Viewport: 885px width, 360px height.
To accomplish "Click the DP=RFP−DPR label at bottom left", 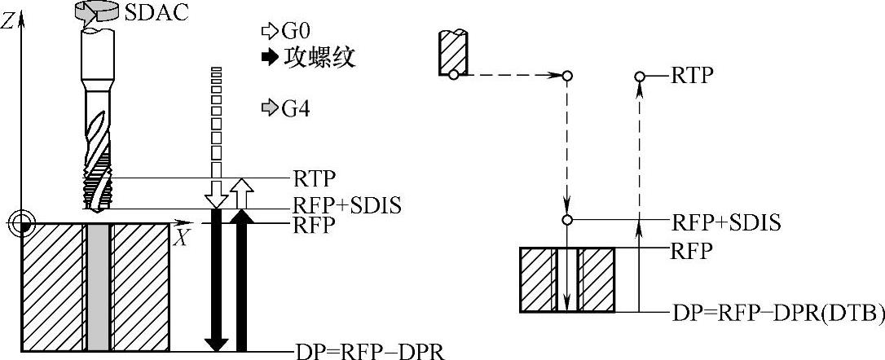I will pos(368,351).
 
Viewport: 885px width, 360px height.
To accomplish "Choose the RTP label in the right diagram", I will pos(692,76).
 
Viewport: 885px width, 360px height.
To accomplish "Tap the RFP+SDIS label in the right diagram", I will pos(724,221).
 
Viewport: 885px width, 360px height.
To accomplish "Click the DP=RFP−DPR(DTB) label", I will pos(778,313).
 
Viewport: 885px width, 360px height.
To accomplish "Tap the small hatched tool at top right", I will pos(452,54).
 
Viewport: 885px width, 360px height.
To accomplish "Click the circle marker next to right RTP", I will pos(640,77).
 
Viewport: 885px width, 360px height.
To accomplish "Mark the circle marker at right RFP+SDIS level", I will pos(567,220).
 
